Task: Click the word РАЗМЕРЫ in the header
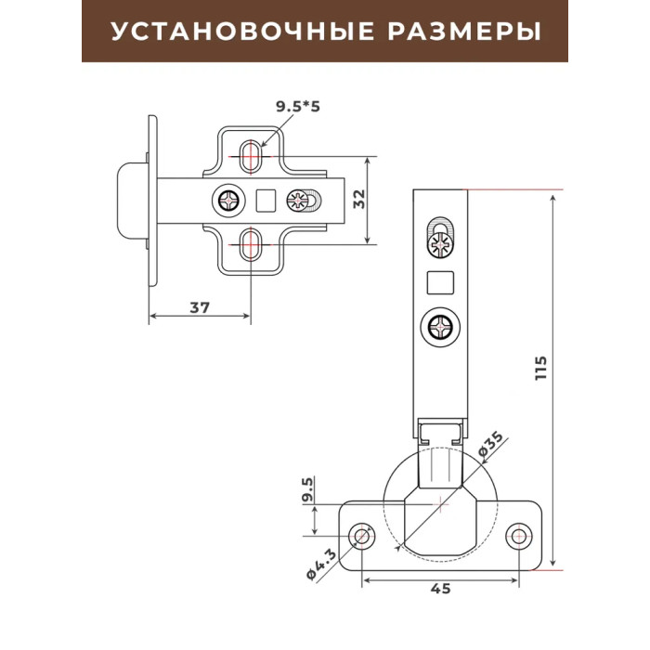coord(464,31)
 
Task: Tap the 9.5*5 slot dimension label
coord(298,107)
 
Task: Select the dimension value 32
coord(359,199)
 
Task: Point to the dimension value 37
coord(200,307)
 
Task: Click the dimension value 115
coord(540,368)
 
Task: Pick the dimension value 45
coord(440,588)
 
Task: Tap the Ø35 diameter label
coord(490,445)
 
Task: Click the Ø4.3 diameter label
coord(321,565)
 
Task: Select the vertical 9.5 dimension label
coord(307,489)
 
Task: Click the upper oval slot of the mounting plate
coord(251,155)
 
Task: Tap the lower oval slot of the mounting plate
coord(251,245)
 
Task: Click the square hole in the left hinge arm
coord(266,201)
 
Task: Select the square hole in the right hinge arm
coord(440,282)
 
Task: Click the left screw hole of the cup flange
coord(362,536)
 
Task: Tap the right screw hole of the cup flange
coord(518,537)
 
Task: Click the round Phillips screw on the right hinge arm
coord(440,328)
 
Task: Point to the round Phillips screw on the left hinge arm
coord(228,201)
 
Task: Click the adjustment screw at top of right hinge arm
coord(439,244)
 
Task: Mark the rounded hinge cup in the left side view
coord(132,201)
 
